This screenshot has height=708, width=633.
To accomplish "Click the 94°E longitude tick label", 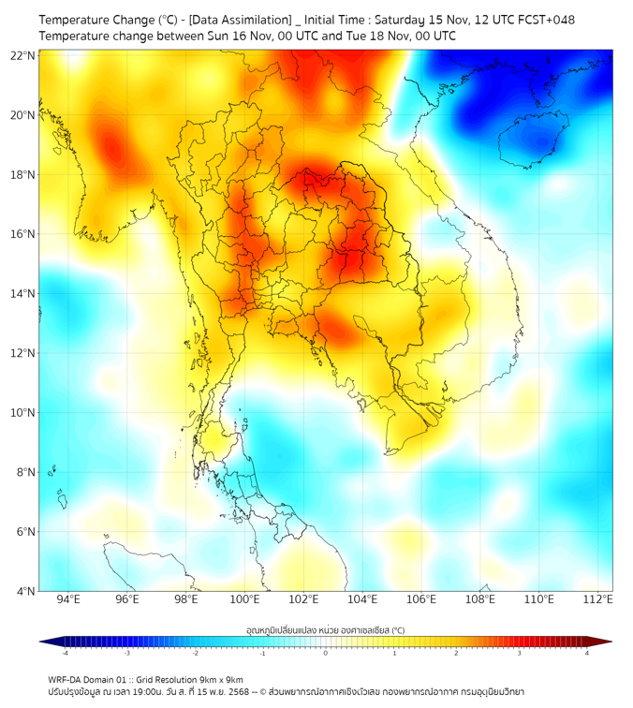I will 68,600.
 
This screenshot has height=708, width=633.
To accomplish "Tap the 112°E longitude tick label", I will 598,600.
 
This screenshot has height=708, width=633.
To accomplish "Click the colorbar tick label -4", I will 65,653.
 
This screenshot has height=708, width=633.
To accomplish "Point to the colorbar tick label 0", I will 326,653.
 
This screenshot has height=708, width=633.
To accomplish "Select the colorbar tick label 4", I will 587,653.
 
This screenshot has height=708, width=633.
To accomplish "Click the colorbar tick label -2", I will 195,653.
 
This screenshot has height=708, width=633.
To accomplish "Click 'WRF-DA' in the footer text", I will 66,679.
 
